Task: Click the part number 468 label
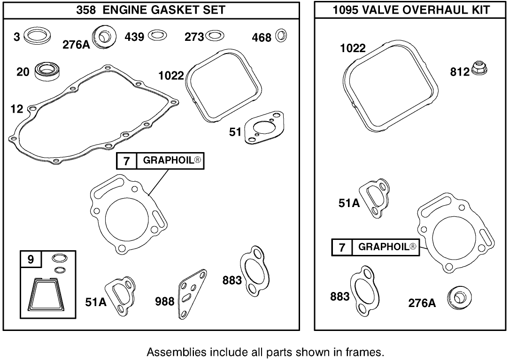(x=262, y=37)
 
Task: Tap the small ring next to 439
(x=155, y=36)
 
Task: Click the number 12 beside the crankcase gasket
(x=17, y=109)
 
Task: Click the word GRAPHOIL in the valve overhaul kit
(x=384, y=247)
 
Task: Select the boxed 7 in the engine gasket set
(x=126, y=161)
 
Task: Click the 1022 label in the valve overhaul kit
(x=354, y=48)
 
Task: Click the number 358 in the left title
(x=86, y=9)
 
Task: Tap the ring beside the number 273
(x=215, y=36)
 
